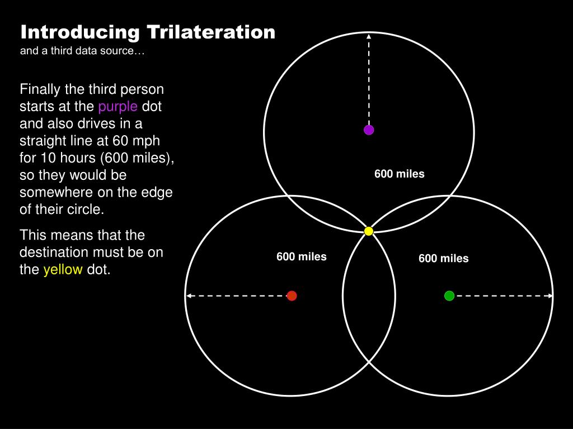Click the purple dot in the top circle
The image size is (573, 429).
369,130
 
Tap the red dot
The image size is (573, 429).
292,295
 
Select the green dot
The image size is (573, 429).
449,295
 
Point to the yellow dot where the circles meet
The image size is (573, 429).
369,231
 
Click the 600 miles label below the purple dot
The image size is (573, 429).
400,174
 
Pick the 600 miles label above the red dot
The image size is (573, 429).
301,256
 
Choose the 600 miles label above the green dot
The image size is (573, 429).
443,258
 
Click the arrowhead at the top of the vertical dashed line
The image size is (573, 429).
369,36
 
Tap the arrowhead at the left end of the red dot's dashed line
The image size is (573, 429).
189,295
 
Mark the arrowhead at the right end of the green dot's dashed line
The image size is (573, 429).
551,295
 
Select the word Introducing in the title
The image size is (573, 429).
80,32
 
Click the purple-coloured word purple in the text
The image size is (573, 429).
118,106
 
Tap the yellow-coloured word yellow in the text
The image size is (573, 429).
63,270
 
